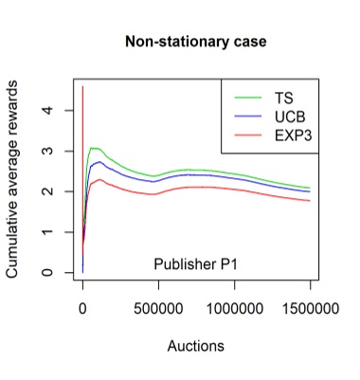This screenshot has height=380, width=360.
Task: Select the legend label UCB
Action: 290,117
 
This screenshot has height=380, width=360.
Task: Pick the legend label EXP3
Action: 293,136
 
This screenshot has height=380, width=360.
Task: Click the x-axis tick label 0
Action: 82,309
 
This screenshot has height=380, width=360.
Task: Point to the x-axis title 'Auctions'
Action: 195,346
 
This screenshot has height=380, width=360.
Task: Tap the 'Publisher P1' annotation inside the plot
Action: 195,263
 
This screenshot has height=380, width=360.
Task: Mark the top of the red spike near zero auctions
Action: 82,87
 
